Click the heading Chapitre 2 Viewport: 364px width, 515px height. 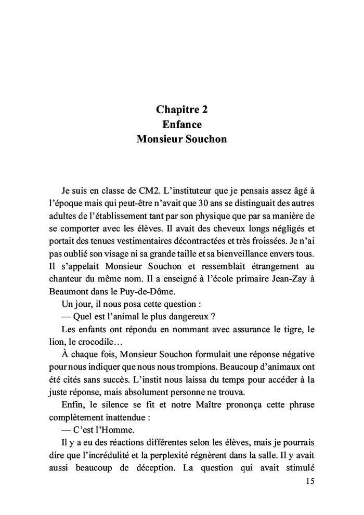181,110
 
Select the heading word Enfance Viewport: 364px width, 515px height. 181,125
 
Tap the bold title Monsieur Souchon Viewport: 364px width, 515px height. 181,140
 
